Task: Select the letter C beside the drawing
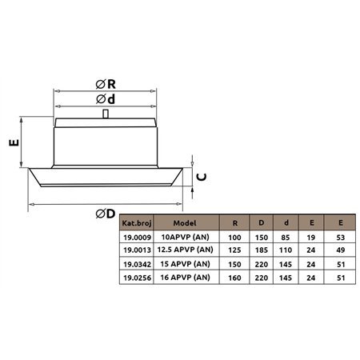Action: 202,177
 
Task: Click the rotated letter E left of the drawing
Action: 13,144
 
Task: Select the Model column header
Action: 186,224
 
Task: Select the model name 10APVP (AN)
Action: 186,238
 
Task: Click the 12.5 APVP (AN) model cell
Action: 186,250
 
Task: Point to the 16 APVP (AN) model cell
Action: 186,277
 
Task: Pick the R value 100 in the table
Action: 235,238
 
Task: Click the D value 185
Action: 261,250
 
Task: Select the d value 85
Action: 286,238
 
